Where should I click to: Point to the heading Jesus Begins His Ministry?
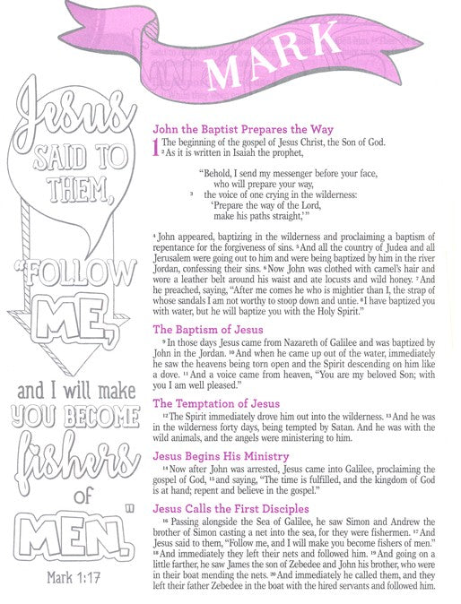pyautogui.click(x=220, y=455)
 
